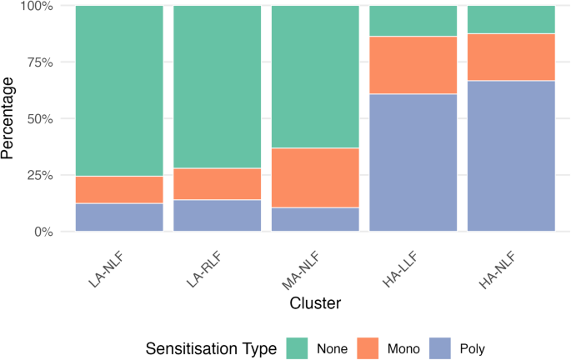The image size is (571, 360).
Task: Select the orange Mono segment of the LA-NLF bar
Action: pos(119,189)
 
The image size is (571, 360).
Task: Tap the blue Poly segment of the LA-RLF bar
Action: pos(217,215)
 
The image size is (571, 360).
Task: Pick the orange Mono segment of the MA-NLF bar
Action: pos(315,177)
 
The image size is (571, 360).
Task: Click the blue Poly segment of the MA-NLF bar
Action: pos(315,219)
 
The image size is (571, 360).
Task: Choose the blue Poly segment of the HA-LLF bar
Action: pos(413,162)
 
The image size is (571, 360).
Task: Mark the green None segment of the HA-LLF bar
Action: pos(413,21)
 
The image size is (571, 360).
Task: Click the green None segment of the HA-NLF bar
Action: pos(511,19)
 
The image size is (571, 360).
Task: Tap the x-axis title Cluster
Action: pos(314,303)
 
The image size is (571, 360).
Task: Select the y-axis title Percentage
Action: pos(10,118)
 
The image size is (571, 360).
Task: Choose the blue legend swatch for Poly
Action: pos(443,347)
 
